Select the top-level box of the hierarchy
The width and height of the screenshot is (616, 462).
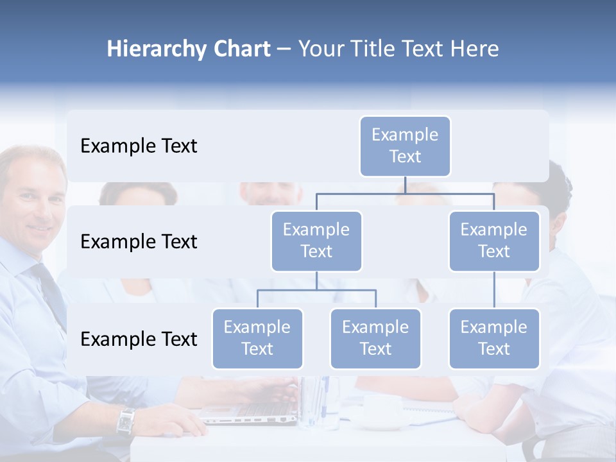(x=405, y=146)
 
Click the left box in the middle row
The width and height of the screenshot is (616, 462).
(x=316, y=241)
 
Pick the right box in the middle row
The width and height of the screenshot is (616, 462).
(x=494, y=241)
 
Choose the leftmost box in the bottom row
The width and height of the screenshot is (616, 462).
(x=257, y=338)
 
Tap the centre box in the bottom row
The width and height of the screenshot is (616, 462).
(x=375, y=338)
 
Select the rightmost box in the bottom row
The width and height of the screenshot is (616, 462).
(x=494, y=338)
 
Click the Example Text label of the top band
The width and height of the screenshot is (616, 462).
(x=139, y=146)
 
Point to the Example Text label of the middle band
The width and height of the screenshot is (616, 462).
(x=139, y=242)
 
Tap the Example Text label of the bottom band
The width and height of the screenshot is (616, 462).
(x=139, y=339)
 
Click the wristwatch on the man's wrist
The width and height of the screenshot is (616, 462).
(x=126, y=421)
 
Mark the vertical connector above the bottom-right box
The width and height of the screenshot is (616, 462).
(x=494, y=290)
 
